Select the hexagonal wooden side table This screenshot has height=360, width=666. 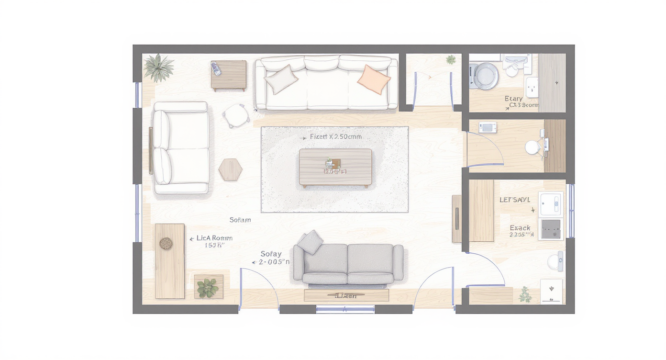point(231,169)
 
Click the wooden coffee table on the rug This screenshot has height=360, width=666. point(335,167)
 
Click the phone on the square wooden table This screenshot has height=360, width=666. point(217,68)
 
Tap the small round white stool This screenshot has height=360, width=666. point(236,115)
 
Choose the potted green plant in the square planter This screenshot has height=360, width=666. point(208,287)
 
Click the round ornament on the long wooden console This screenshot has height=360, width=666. point(166,243)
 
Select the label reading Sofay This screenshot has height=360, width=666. point(271,254)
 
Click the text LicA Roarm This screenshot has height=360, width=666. point(214,238)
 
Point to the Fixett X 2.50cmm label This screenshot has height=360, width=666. point(335,136)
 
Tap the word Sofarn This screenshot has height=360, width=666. point(240,220)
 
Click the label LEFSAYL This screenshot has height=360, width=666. point(515,199)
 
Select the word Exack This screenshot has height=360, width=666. point(520,228)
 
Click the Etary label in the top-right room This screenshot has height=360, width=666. point(513,99)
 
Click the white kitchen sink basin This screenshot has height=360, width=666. point(551,204)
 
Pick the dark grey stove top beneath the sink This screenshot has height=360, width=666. point(551,229)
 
